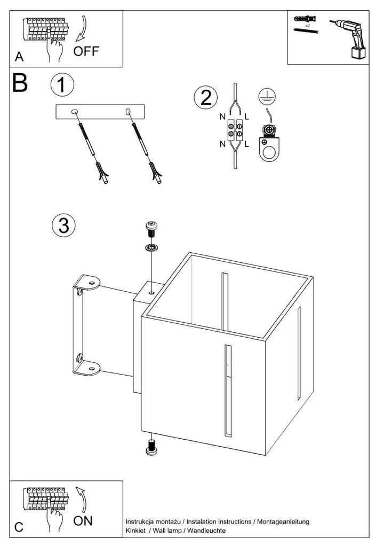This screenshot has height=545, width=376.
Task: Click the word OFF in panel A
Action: point(86,51)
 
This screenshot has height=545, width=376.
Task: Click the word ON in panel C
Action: point(82,520)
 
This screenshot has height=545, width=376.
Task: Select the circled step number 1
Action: point(62,85)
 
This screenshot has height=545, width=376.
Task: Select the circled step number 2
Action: point(206,97)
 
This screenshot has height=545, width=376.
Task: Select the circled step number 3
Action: point(63,225)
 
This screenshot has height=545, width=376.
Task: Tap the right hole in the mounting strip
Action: point(128,111)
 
